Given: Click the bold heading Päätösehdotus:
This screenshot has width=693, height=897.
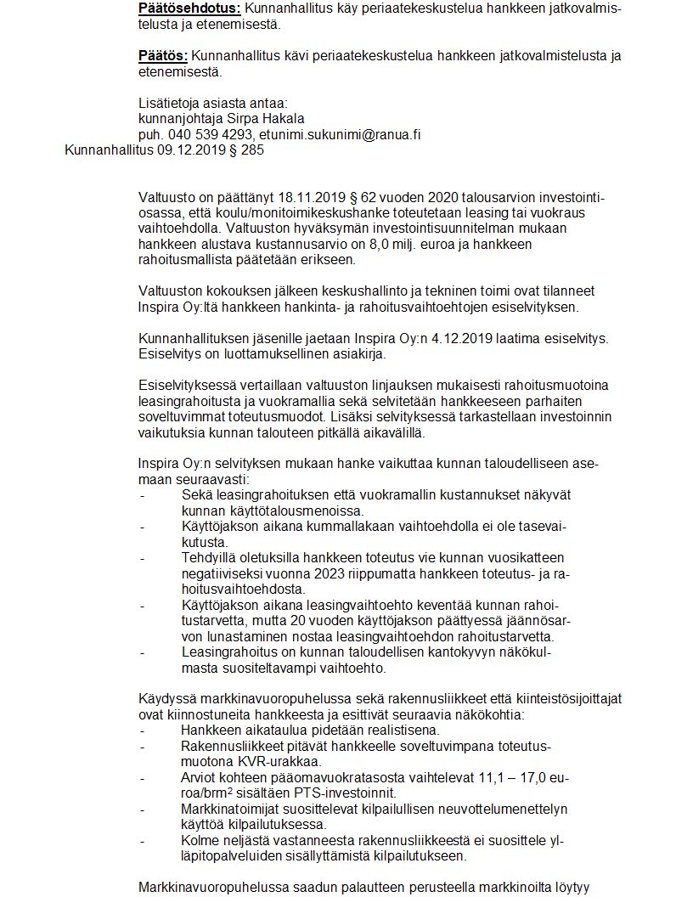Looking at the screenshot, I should [x=189, y=8].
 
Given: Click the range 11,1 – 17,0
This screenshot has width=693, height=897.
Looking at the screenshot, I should [x=528, y=777].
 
